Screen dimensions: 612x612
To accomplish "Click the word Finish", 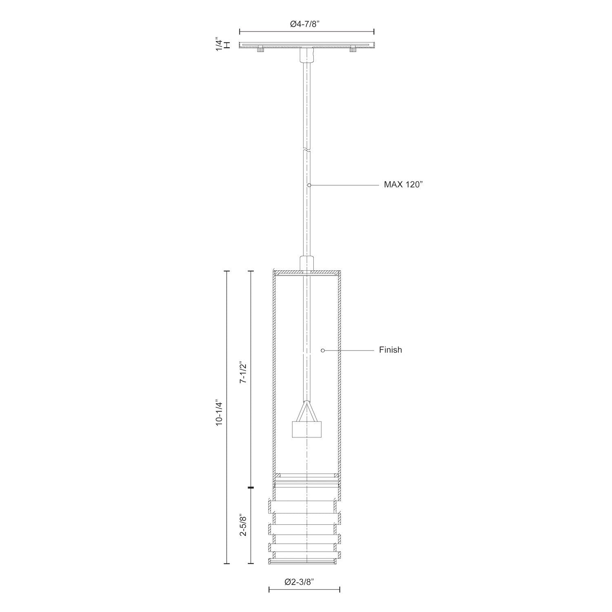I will (390, 350).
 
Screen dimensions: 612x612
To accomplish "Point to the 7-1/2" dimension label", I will (243, 372).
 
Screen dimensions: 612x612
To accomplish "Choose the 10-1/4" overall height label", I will (220, 412).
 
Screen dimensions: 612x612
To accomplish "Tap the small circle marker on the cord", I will (309, 185).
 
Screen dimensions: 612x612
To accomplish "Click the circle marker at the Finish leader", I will (322, 350).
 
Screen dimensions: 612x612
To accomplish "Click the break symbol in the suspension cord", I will (306, 149).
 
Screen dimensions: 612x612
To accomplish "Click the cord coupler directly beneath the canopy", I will (306, 55).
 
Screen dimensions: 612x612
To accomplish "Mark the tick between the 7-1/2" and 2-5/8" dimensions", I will (251, 488).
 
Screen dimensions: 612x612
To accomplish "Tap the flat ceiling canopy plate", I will (306, 44).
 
